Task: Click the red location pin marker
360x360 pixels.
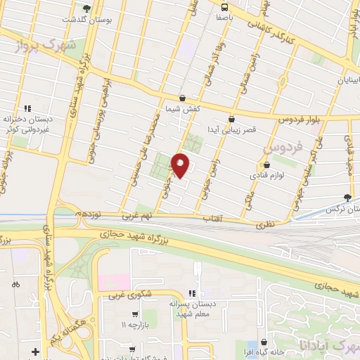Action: [181, 165]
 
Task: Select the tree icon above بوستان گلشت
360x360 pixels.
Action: [86, 8]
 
